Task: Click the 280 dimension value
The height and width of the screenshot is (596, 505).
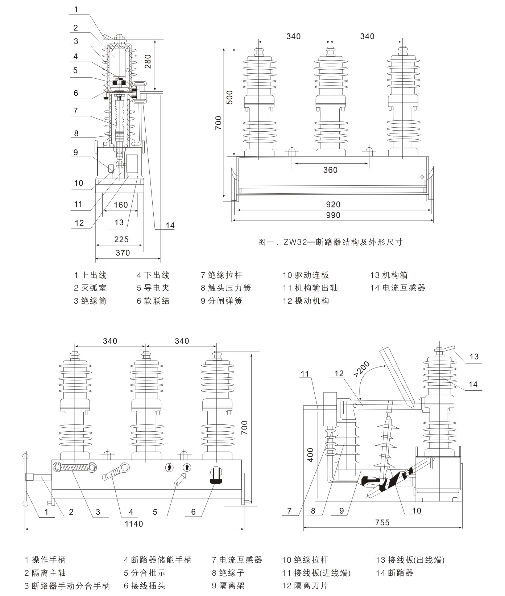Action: tap(148, 64)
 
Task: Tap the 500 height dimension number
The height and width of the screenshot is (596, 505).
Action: tap(229, 97)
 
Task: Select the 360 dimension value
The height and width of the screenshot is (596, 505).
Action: tap(330, 170)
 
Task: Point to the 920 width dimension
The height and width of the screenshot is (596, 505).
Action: tap(333, 204)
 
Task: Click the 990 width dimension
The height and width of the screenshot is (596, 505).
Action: tap(333, 215)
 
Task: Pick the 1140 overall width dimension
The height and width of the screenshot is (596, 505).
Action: tap(134, 523)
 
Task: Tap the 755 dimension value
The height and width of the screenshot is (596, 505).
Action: tap(382, 522)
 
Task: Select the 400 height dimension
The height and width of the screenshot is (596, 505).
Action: tap(310, 454)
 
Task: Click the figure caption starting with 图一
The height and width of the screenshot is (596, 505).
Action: tap(330, 242)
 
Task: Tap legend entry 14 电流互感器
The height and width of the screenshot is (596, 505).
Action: tap(397, 288)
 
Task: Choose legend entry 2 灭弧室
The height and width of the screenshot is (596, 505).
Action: tap(90, 288)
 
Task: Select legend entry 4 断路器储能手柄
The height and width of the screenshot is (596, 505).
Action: tap(158, 560)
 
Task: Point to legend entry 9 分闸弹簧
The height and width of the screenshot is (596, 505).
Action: tap(221, 301)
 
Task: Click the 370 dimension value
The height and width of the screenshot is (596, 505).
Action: tap(123, 252)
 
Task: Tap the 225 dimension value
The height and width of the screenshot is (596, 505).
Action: tap(121, 239)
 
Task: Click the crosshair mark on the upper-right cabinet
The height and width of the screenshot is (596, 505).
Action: tap(422, 177)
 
